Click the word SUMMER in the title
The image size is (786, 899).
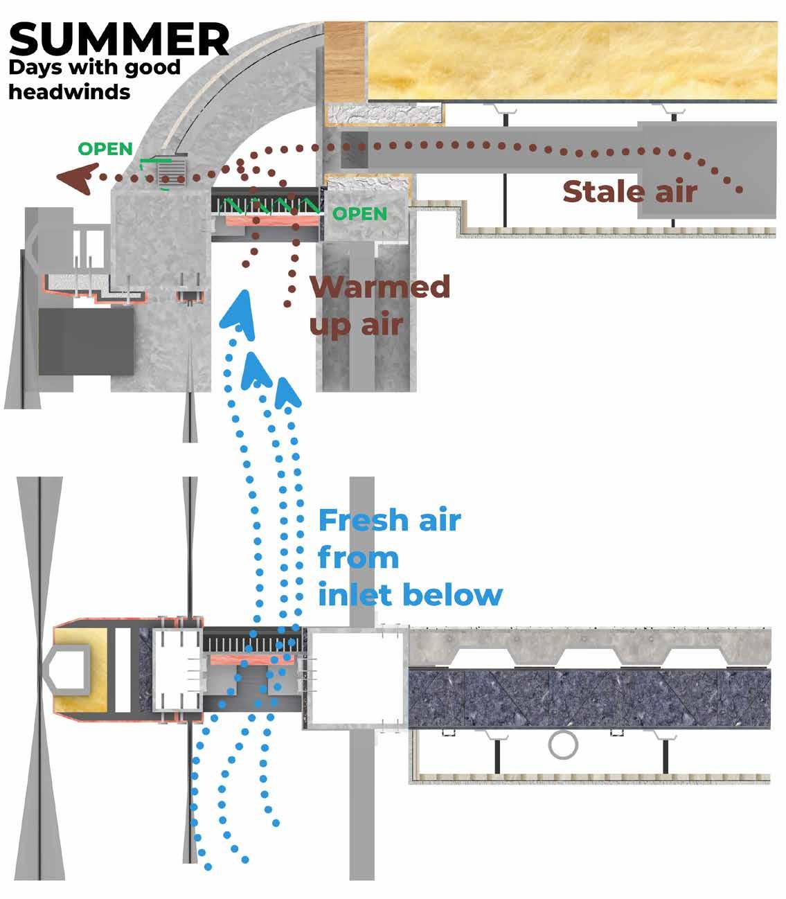coord(118,39)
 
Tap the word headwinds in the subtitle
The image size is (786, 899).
coord(69,91)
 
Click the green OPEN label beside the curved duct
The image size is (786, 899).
coord(105,149)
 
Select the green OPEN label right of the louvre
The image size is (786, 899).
coord(359,213)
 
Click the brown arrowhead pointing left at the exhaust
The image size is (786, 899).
coord(73,178)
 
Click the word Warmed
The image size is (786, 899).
coord(380,286)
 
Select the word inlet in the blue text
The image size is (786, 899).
coord(355,595)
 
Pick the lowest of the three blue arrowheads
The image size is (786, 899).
coord(288,392)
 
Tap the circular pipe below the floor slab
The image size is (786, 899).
coord(563,745)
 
